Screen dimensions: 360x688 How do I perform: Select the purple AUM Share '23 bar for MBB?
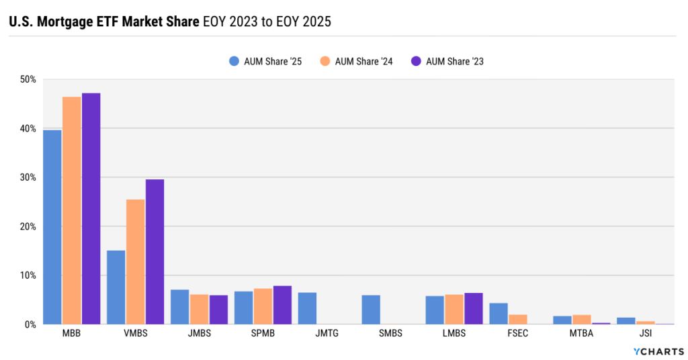click(x=91, y=208)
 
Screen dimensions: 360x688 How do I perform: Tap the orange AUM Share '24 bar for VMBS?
click(x=135, y=262)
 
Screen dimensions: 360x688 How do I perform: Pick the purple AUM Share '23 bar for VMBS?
click(x=155, y=252)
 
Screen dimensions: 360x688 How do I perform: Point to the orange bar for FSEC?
click(x=518, y=319)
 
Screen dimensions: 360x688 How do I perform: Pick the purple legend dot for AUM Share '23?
click(x=416, y=61)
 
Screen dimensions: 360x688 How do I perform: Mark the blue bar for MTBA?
click(x=562, y=320)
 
